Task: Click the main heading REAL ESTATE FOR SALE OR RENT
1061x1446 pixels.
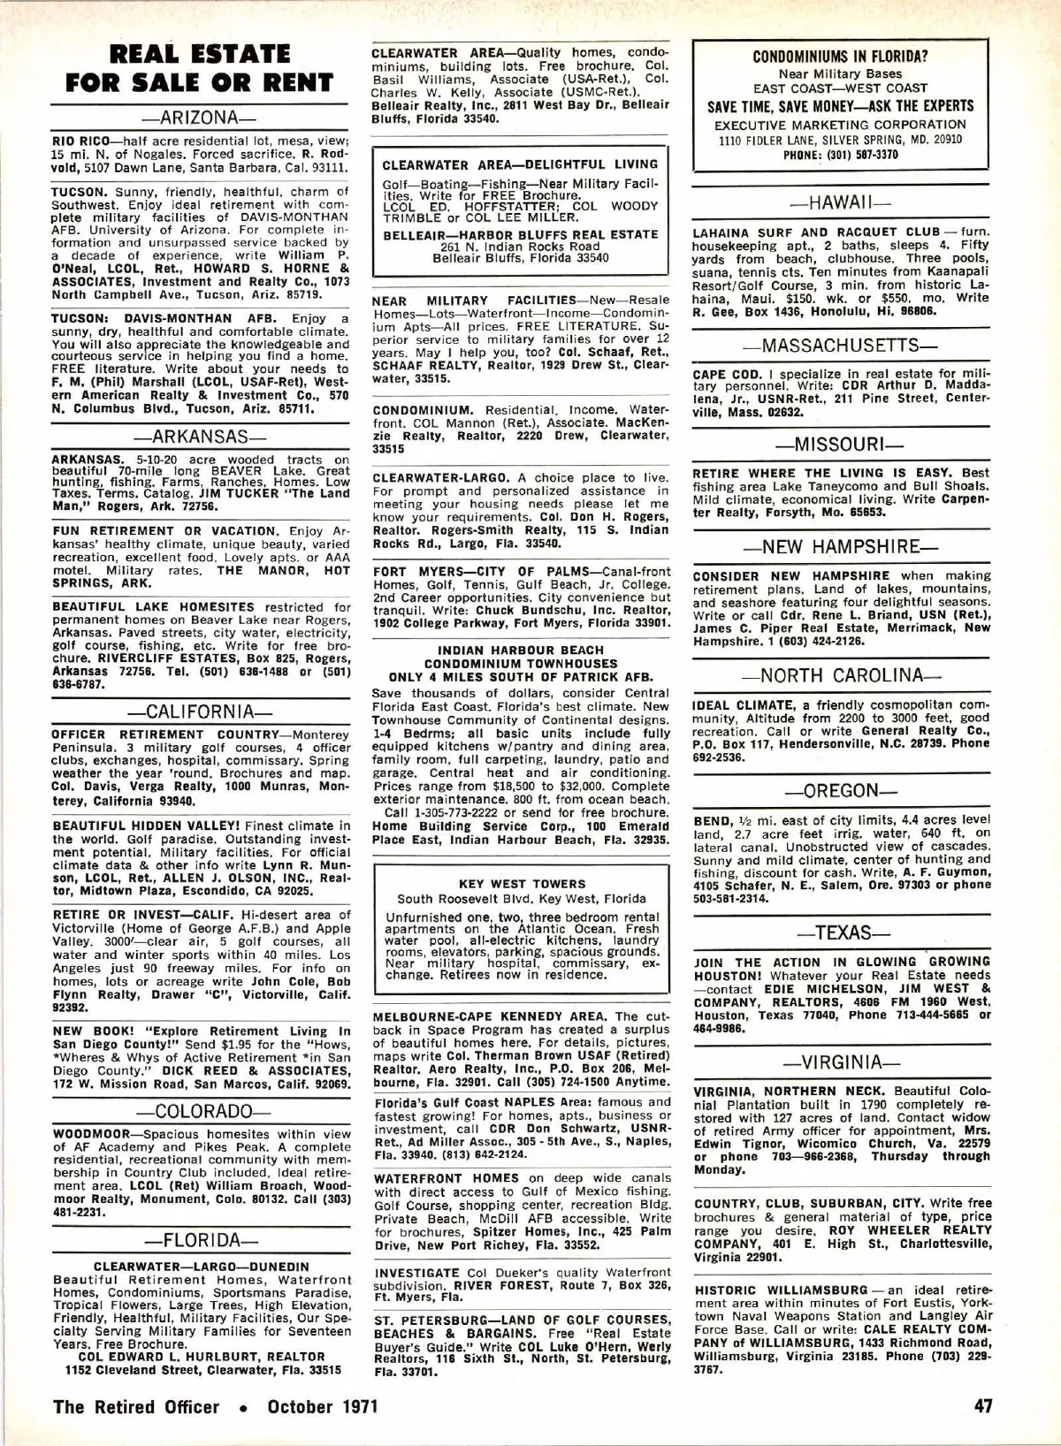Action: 200,68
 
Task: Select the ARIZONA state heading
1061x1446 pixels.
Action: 199,118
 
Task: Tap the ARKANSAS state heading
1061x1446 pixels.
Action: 199,437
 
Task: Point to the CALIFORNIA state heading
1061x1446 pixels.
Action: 199,712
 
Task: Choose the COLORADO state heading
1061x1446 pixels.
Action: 199,1111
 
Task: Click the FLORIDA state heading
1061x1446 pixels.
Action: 199,1240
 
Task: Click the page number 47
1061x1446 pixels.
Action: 983,1406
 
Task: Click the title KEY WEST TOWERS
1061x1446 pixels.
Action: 522,884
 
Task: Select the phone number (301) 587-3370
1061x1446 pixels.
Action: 853,154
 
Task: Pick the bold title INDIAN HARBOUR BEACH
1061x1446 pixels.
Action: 521,651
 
